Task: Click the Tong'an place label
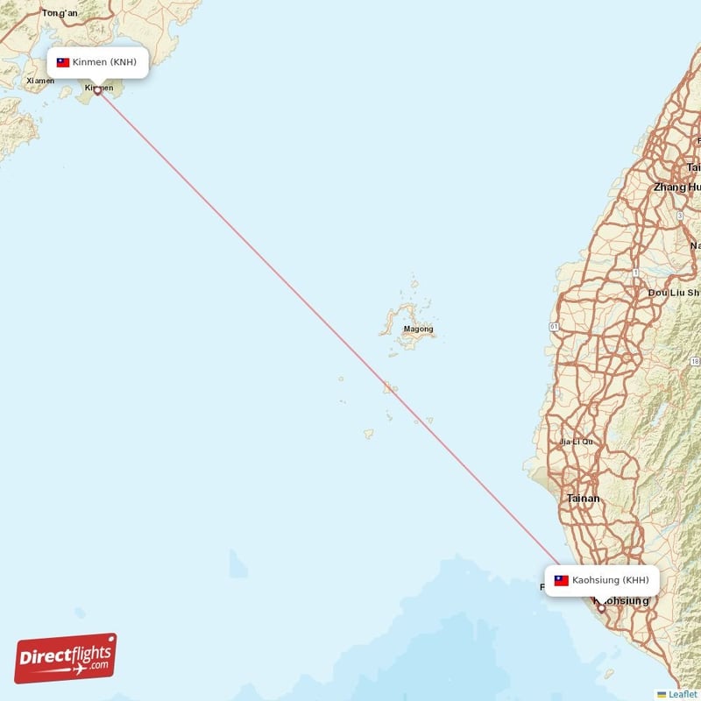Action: click(60, 13)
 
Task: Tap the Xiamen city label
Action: click(40, 81)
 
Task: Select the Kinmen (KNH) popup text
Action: click(104, 62)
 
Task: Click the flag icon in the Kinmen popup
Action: click(63, 62)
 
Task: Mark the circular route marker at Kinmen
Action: click(97, 90)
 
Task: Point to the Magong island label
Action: click(418, 329)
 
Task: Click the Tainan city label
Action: click(584, 499)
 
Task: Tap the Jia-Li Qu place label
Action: click(577, 442)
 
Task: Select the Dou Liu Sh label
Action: click(674, 293)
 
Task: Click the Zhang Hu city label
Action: click(676, 188)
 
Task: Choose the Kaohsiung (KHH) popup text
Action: click(611, 580)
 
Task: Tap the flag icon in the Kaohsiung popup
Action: click(561, 580)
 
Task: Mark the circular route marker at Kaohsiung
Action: click(601, 607)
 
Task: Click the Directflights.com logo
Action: click(66, 658)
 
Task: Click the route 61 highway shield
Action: click(554, 326)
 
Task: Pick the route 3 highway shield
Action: click(679, 215)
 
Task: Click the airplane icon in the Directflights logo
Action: click(76, 670)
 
